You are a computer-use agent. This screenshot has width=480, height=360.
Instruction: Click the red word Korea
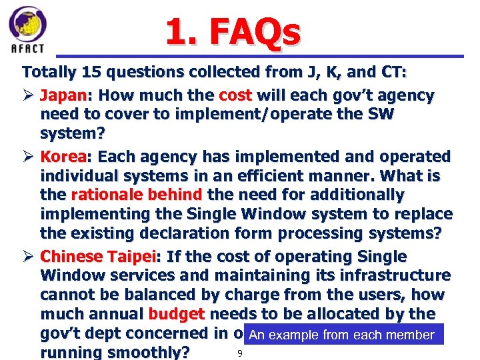coord(63,157)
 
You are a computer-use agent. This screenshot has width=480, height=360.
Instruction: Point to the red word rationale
coord(103,195)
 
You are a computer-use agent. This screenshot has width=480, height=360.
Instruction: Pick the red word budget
coord(176,314)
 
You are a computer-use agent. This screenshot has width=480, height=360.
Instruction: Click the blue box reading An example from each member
coord(341,335)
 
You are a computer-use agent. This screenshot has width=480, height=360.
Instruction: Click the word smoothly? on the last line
coord(149,351)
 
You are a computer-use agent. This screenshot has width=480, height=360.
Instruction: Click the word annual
coord(117,314)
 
